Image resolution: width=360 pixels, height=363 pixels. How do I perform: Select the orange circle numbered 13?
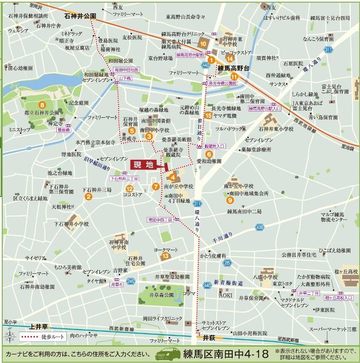165,256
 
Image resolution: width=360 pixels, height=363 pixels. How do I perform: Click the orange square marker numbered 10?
203,44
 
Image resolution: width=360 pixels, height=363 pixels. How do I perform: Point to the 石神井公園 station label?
80,15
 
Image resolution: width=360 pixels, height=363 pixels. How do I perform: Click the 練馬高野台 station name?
234,68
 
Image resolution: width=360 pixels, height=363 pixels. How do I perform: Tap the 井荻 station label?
209,338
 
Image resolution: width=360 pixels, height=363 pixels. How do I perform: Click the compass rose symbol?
9,337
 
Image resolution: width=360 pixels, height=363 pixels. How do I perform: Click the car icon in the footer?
169,354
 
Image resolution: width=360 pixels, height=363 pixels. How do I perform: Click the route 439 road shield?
260,227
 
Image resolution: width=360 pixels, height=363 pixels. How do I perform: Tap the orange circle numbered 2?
89,197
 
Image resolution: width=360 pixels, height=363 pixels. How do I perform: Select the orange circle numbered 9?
230,199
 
